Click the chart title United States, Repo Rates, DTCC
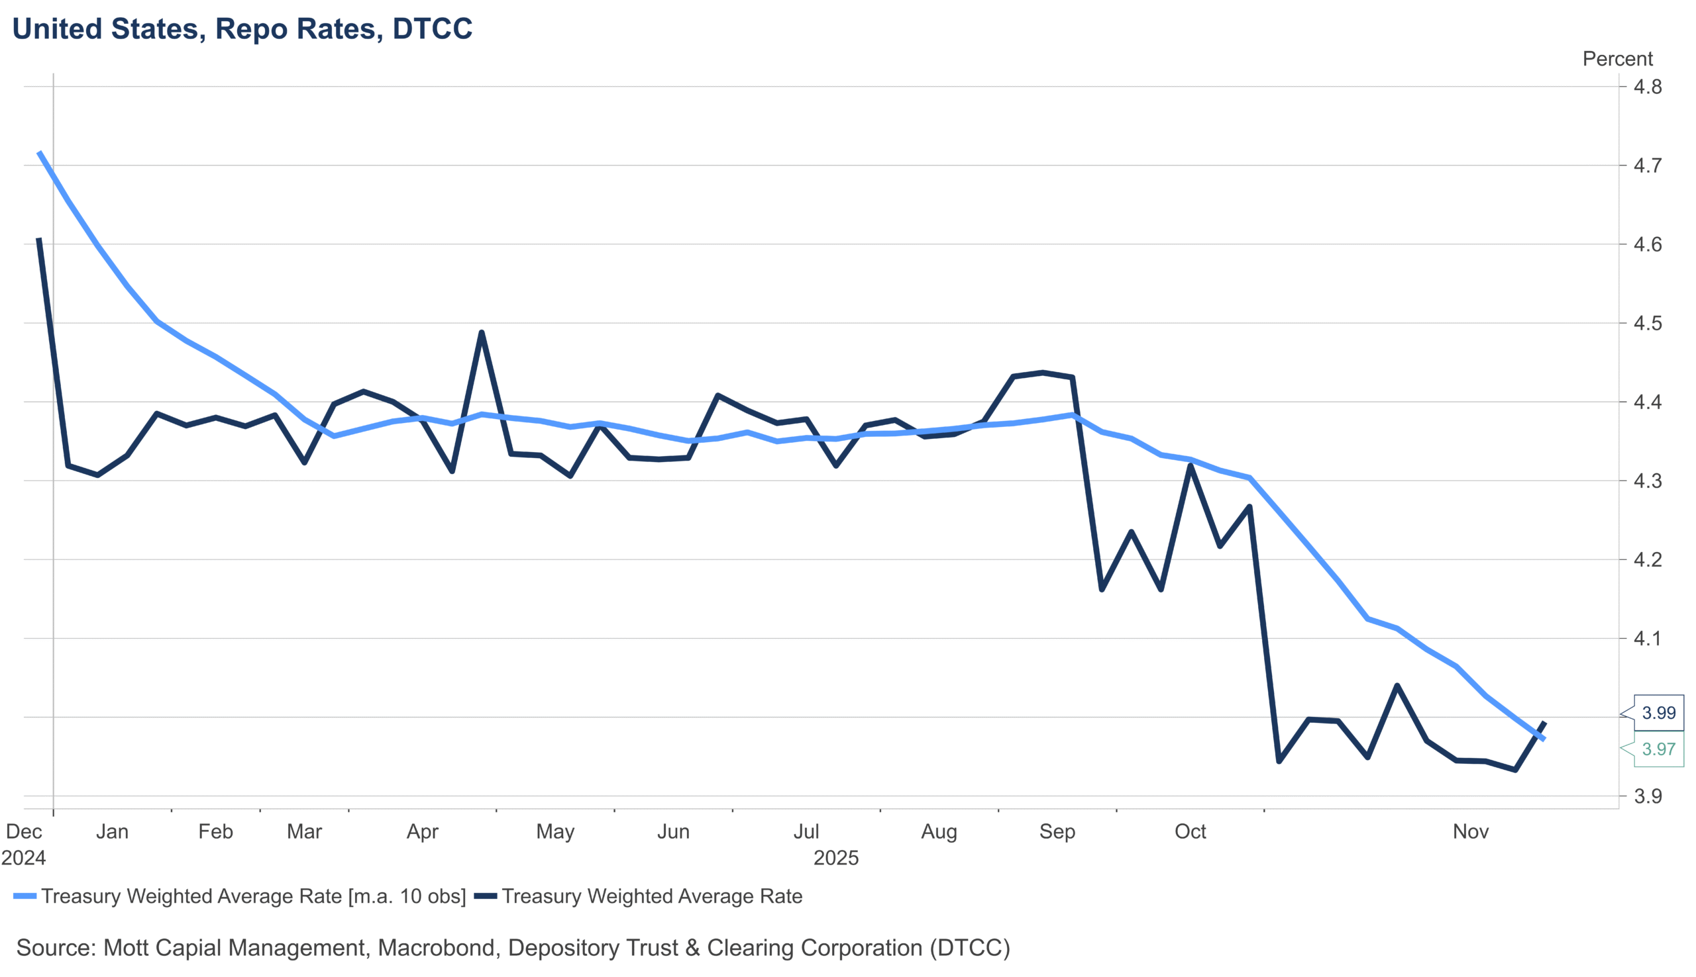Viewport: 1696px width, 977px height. click(x=242, y=29)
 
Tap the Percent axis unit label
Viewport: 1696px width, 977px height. click(x=1616, y=59)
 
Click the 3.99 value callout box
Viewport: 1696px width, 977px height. click(x=1658, y=713)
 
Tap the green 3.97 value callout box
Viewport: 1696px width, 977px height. click(x=1658, y=749)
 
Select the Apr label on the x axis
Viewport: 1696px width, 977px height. click(x=422, y=832)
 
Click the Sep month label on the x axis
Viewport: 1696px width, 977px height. click(x=1057, y=832)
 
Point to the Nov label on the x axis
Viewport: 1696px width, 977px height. click(x=1470, y=832)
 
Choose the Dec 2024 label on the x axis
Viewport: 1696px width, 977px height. click(x=23, y=844)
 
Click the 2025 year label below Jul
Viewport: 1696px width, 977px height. click(x=836, y=859)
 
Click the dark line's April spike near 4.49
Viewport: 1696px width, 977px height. click(x=482, y=332)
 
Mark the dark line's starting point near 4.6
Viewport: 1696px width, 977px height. click(x=39, y=240)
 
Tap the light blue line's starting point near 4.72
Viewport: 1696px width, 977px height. click(x=39, y=152)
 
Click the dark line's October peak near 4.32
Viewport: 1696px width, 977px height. click(x=1191, y=465)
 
